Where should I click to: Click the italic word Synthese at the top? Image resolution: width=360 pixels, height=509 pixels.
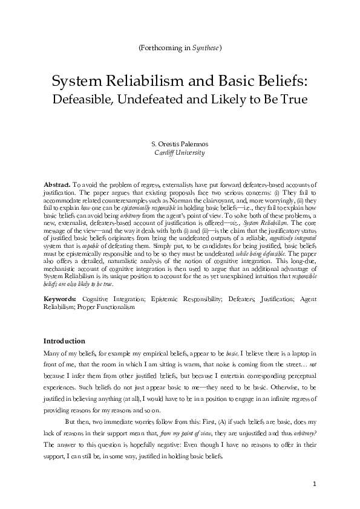pos(206,47)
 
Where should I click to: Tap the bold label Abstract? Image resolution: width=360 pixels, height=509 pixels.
pos(57,183)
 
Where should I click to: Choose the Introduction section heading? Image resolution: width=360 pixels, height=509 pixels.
pos(65,341)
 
